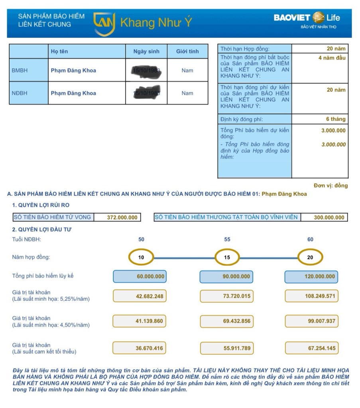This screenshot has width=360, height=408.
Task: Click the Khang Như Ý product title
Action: pos(155,23)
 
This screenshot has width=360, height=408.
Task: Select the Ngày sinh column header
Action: pos(146,51)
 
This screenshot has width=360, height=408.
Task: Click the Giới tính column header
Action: pos(187,51)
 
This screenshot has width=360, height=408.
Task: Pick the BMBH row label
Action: pos(20,71)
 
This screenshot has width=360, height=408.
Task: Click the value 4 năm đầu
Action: pos(332,58)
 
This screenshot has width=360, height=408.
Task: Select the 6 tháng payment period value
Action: pos(336,119)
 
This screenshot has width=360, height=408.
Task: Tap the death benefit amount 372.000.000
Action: pos(122,217)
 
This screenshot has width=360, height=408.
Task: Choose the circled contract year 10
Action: pos(141,257)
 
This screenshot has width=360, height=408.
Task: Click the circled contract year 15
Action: pos(227,257)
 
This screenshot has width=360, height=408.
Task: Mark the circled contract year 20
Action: pos(310,257)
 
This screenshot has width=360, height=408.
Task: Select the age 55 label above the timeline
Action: pos(227,239)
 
